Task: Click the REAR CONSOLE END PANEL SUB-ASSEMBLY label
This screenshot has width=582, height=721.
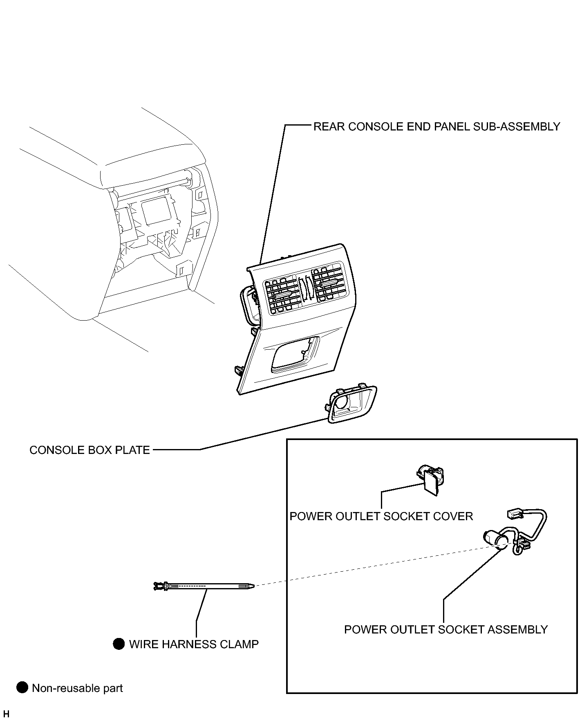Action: coord(437,127)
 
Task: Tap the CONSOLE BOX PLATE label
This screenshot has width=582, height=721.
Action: coord(90,450)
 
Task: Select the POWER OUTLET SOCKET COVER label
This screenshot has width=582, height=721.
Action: coord(381,517)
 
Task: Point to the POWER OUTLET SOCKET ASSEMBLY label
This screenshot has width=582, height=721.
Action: coord(446,630)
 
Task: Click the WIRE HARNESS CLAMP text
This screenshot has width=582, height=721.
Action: coord(194,645)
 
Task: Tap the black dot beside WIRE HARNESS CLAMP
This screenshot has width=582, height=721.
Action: coord(119,644)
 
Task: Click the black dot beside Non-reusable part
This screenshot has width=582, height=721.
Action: coord(22,688)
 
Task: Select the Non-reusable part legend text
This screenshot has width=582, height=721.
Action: coord(77,688)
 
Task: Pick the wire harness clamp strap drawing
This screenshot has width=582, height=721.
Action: coord(203,586)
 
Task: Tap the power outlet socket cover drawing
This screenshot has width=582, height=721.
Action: coord(430,480)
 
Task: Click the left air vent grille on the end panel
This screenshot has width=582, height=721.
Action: coord(283,294)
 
